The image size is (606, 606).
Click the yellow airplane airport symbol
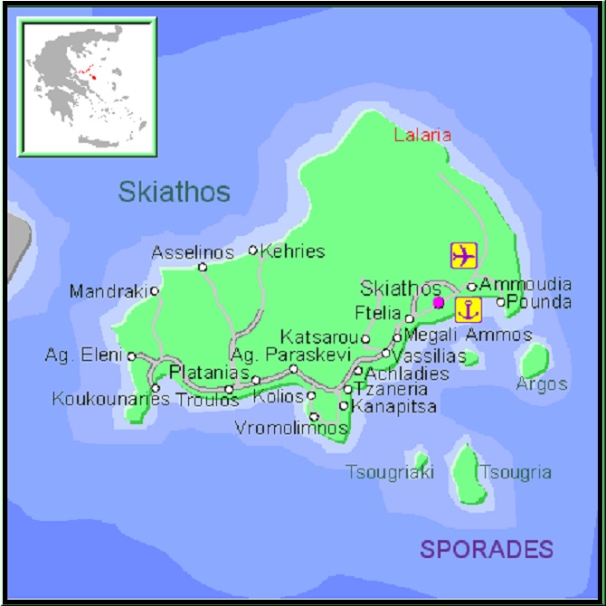point(463,255)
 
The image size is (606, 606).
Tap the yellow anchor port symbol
point(468,309)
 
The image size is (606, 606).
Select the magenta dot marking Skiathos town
point(439,302)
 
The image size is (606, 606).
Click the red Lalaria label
point(421,136)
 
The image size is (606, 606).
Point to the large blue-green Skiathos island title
point(174,191)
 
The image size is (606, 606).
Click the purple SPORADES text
point(486,548)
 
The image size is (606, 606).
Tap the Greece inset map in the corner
point(88,86)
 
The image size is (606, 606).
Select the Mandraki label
point(109,292)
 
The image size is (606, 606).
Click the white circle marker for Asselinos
point(203,267)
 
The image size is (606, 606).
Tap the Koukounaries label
point(110,398)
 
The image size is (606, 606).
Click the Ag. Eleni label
point(83,355)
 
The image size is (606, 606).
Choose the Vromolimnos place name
point(290,428)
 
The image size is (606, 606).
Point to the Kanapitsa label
point(394,406)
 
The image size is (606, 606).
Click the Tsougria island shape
point(467,472)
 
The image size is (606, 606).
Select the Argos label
point(542,384)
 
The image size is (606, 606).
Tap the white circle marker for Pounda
point(501,302)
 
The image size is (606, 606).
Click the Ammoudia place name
point(525,284)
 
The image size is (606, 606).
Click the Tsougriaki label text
point(390,472)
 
